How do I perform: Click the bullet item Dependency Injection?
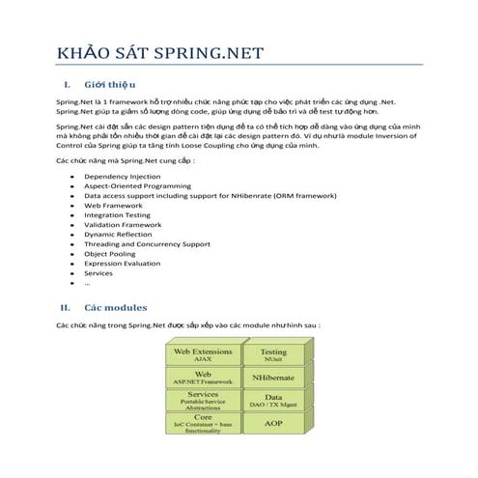[122, 178]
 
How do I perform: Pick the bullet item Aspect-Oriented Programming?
[137, 186]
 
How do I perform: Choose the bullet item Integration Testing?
[117, 215]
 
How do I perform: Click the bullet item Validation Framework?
[123, 225]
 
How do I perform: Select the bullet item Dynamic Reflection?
[118, 235]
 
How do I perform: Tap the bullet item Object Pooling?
[110, 254]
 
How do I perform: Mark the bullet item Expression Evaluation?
[123, 264]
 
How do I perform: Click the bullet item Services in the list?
[98, 273]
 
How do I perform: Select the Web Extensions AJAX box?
[203, 355]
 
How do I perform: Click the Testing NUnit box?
[273, 355]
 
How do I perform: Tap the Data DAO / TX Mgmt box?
[273, 400]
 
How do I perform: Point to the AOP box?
[273, 423]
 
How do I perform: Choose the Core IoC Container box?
[203, 422]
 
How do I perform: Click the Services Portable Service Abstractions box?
[203, 400]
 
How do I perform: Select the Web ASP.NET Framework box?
[203, 378]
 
